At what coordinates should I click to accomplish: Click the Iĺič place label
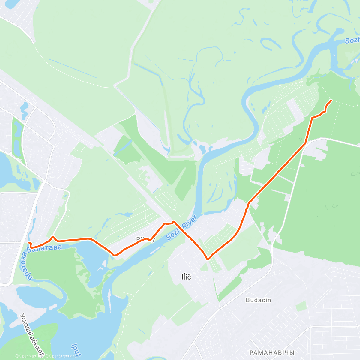(x=186, y=277)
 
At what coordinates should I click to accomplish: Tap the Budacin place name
(x=258, y=300)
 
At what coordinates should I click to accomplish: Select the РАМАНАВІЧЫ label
(x=272, y=353)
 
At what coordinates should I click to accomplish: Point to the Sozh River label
(x=181, y=227)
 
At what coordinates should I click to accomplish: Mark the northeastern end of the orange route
(x=331, y=100)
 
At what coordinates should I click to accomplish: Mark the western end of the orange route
(x=29, y=242)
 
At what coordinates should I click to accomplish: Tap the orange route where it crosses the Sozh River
(x=177, y=225)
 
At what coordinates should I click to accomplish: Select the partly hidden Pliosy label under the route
(x=146, y=239)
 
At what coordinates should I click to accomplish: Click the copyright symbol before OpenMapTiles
(x=17, y=356)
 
